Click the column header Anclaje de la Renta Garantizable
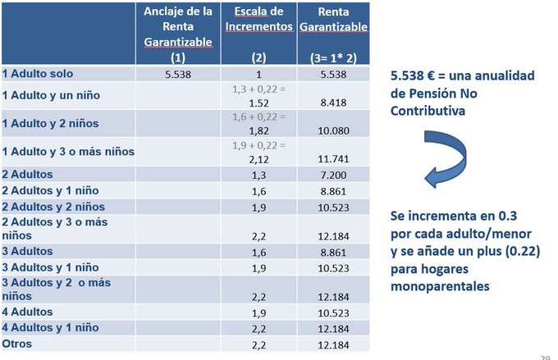point(177,34)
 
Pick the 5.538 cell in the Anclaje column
point(177,74)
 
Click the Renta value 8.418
point(332,103)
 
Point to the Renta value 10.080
point(332,130)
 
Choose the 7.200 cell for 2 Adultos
point(332,175)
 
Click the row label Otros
point(17,344)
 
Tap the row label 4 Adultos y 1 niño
point(51,328)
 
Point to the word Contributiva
point(431,109)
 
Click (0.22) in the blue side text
point(519,253)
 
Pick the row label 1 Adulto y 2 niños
point(51,123)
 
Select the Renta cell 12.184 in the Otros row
point(332,344)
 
